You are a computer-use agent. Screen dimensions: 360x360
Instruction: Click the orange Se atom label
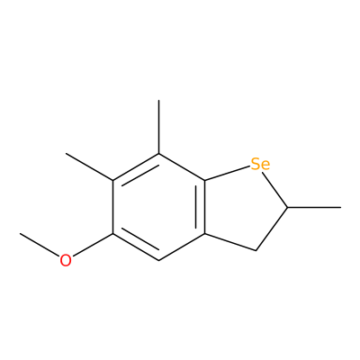260,164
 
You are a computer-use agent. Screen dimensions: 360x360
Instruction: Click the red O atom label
66,260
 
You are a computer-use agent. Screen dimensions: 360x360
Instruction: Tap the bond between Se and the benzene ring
228,174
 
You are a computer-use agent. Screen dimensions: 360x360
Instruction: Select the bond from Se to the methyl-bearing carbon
274,189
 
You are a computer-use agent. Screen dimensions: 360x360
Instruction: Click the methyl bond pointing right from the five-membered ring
314,207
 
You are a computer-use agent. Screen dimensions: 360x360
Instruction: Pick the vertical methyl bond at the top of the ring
158,127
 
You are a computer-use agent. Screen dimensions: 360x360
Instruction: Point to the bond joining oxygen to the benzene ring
93,245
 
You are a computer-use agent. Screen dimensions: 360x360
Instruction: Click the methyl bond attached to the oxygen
40,245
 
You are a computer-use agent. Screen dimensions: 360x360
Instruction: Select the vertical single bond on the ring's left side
112,207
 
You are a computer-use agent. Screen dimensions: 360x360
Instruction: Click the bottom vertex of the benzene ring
158,260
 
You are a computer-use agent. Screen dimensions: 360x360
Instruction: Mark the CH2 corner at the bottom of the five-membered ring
256,250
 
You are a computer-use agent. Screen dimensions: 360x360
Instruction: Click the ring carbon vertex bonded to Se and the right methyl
287,207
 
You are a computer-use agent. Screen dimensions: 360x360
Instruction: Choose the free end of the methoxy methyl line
20,233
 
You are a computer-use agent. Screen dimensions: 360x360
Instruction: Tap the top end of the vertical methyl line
158,101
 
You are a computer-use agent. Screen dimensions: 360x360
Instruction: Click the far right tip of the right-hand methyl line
341,207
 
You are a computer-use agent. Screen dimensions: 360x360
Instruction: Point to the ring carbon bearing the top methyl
158,154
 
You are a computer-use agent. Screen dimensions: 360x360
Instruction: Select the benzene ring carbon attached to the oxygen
112,234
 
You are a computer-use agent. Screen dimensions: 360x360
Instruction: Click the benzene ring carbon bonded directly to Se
205,181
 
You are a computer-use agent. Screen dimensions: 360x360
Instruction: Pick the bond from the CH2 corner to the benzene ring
230,242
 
